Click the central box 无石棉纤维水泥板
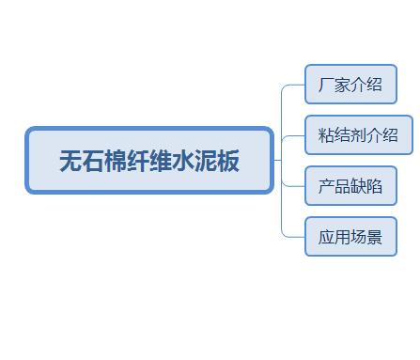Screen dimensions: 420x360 149,160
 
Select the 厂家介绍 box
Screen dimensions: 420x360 350,84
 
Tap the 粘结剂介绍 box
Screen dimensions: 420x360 359,135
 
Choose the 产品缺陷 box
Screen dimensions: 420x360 350,186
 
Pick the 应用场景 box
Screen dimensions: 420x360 350,237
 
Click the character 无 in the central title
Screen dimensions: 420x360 70,161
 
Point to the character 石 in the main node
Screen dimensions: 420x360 93,161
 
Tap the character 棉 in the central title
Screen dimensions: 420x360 116,161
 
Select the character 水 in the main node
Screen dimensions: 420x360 183,161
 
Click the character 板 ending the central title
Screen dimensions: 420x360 228,161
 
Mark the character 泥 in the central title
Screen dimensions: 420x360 206,161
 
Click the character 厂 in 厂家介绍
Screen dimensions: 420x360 326,85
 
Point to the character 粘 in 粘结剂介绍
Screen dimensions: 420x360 326,135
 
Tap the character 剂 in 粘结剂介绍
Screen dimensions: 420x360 358,135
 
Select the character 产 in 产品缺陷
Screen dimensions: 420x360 326,186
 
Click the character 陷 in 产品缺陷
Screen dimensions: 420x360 374,186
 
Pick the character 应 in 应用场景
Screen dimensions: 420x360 326,237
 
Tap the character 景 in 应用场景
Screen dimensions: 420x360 374,237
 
